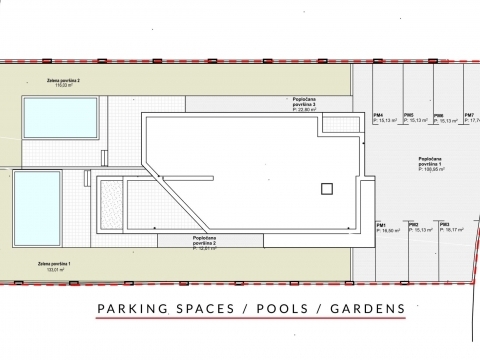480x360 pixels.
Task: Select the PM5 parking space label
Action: coord(409,117)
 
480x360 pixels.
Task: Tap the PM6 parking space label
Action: coord(438,117)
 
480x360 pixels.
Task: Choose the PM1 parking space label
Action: coord(382,226)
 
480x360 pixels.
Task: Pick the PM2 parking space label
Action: coord(413,226)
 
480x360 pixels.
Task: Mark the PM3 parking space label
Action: coord(444,226)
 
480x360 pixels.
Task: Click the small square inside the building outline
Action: coord(325,189)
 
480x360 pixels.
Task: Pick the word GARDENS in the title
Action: coord(366,308)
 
